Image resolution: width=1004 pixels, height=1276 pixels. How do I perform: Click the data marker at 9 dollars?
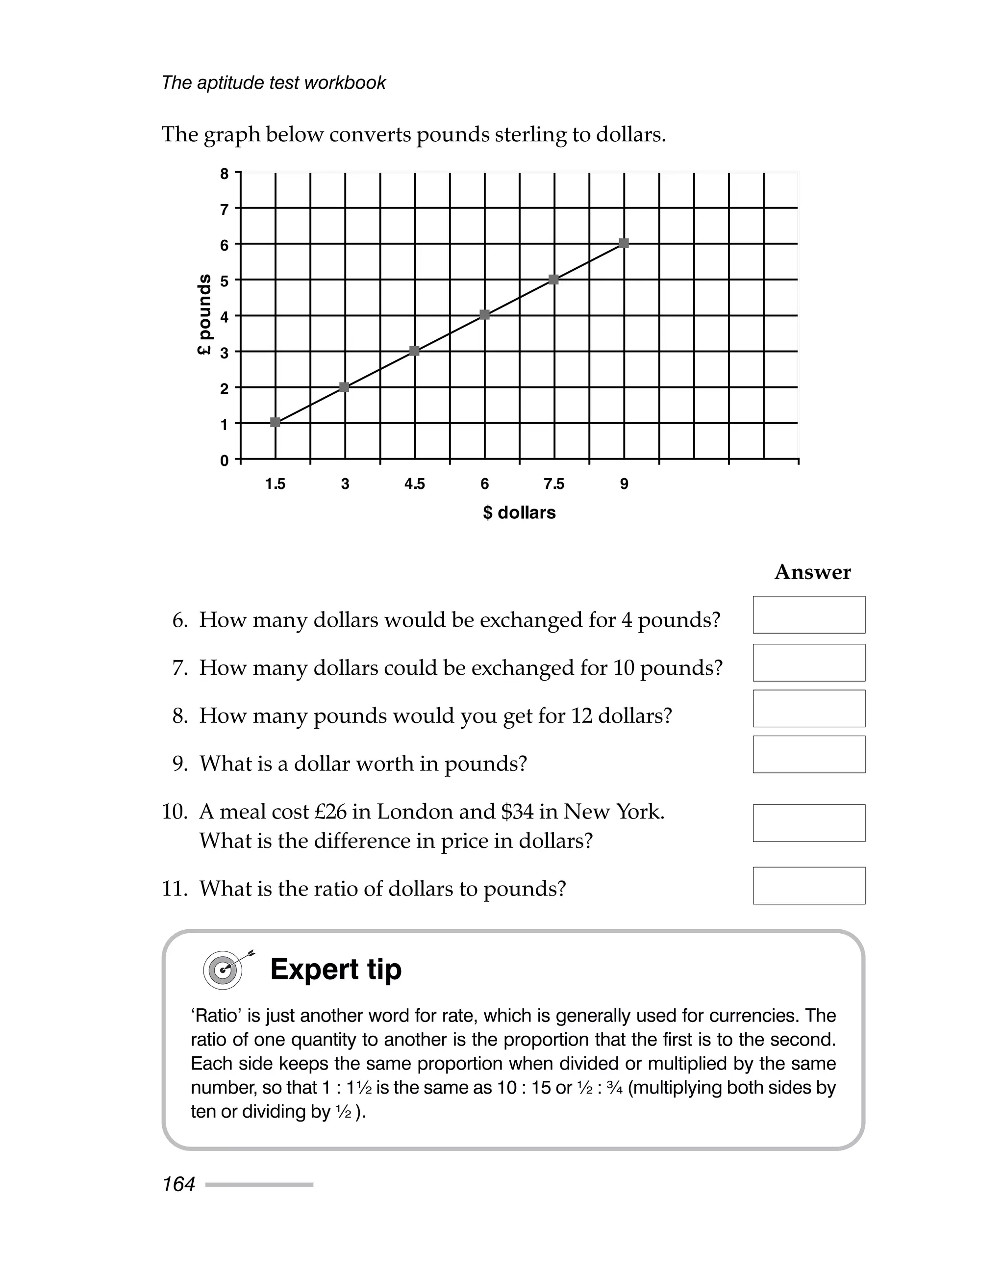click(624, 243)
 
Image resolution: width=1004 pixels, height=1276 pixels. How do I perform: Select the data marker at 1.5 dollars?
click(275, 422)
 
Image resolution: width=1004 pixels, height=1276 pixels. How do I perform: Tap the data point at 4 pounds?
click(484, 315)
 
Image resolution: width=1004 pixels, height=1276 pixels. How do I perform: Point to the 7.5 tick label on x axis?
click(554, 484)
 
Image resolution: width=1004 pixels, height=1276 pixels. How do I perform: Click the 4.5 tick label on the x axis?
click(414, 484)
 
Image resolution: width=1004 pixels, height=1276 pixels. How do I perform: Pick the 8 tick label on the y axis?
click(224, 174)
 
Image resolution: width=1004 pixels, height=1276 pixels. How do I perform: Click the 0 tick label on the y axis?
click(224, 460)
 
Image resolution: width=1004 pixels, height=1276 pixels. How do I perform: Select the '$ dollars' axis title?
click(519, 513)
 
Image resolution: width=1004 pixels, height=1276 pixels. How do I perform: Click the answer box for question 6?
click(809, 615)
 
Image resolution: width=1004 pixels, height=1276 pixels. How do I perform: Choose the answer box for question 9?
click(809, 754)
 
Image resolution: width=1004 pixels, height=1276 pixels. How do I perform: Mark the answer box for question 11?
click(809, 886)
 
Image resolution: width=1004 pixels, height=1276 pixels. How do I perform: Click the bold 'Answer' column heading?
click(812, 572)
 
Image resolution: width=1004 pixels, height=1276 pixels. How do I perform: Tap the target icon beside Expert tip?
click(224, 970)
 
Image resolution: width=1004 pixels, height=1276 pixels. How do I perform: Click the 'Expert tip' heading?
click(336, 969)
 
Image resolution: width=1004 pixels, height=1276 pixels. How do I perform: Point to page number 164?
click(179, 1184)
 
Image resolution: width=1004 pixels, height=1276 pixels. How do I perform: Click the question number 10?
click(174, 812)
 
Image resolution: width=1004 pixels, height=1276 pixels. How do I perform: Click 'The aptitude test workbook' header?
click(274, 83)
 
